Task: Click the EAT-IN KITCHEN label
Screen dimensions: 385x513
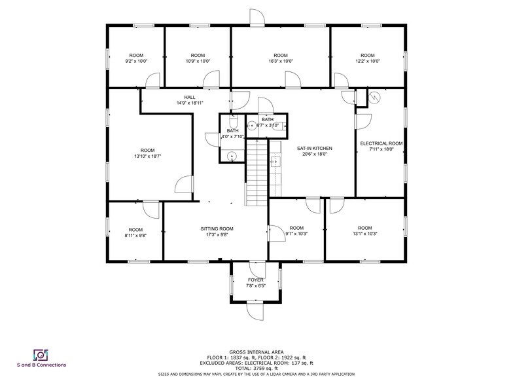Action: (315, 149)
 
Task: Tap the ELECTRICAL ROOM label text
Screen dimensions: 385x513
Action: (381, 143)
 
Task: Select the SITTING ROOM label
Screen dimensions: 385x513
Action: (217, 229)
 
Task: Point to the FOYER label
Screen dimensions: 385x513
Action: (255, 280)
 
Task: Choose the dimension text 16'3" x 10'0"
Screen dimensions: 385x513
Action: (280, 61)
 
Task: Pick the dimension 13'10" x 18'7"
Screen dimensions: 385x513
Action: (147, 156)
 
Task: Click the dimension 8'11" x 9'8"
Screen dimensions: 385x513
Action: (135, 235)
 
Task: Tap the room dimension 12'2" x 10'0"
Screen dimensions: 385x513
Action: (367, 61)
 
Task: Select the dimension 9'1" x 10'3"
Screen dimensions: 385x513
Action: (296, 234)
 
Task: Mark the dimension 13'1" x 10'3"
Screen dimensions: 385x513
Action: (364, 234)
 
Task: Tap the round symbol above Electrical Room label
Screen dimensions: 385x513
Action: (375, 98)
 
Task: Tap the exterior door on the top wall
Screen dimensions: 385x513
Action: (256, 18)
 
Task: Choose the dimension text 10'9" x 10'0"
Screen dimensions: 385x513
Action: (198, 61)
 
